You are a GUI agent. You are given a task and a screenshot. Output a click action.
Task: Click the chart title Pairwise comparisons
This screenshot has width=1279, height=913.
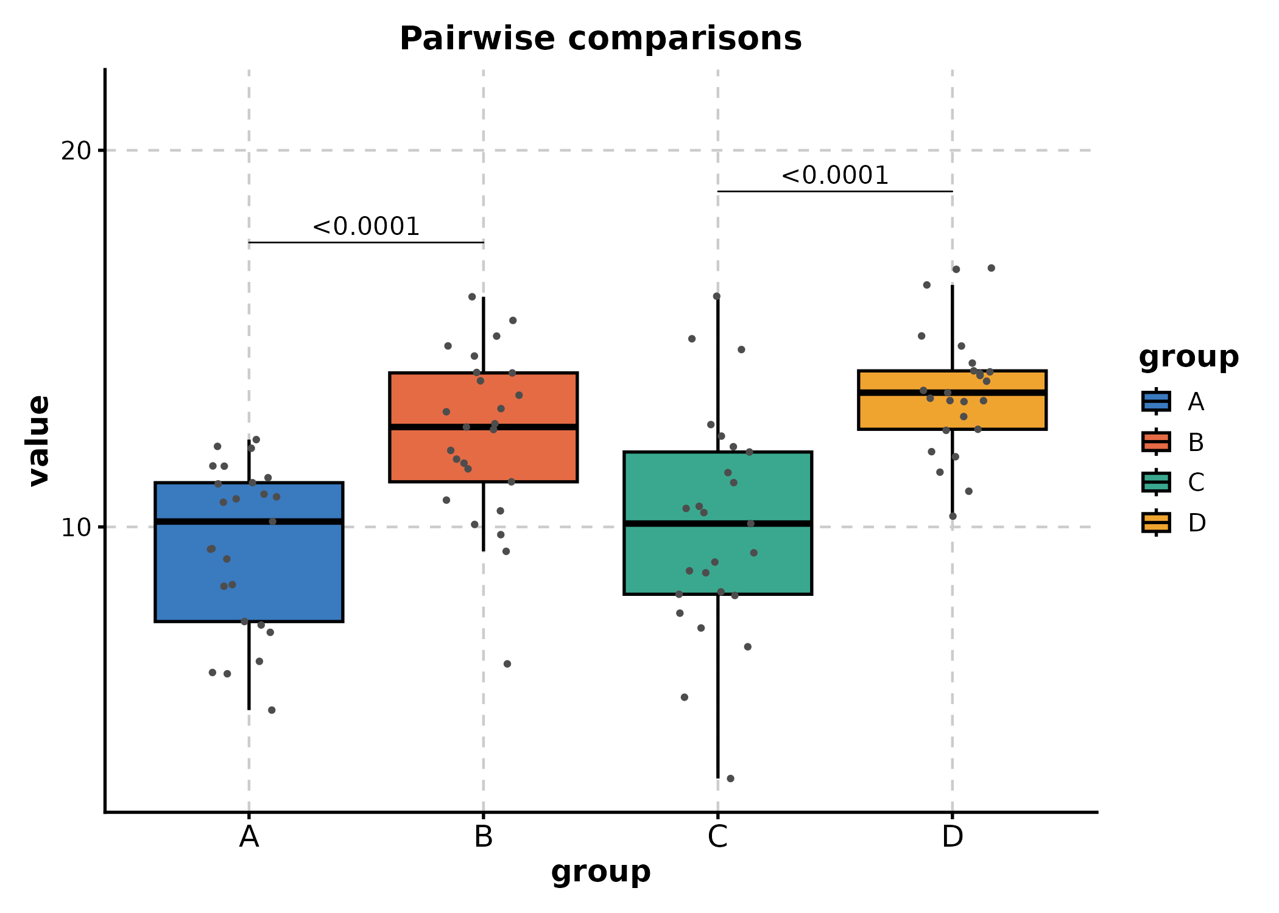click(x=601, y=39)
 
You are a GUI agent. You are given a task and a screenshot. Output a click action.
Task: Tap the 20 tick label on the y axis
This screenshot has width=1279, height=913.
click(x=76, y=151)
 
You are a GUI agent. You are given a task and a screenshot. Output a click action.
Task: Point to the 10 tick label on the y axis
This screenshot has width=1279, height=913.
click(x=76, y=528)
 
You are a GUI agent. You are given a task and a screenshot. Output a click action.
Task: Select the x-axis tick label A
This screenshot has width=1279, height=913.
click(x=249, y=838)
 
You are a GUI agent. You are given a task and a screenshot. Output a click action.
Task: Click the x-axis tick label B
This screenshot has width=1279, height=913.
click(x=484, y=838)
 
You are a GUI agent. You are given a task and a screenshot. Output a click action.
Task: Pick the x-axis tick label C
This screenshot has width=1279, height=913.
click(x=717, y=838)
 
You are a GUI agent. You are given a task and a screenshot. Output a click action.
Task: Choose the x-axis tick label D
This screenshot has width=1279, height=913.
click(x=952, y=838)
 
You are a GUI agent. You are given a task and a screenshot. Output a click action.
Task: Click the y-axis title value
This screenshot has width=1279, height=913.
click(x=40, y=441)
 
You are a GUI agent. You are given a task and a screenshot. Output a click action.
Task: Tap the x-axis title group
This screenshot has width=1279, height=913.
click(x=601, y=872)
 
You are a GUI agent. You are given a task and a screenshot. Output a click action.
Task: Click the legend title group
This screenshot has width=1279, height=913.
click(x=1188, y=357)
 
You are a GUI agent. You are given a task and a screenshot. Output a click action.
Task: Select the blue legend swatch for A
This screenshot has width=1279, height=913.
click(x=1156, y=402)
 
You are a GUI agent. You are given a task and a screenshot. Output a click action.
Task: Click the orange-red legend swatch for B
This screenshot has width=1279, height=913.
click(x=1156, y=442)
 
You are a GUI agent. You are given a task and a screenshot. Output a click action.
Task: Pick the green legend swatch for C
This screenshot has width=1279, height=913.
click(x=1156, y=482)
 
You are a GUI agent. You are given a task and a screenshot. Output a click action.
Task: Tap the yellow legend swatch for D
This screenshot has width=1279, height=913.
click(x=1156, y=522)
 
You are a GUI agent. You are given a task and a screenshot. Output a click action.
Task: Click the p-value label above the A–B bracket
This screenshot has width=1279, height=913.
click(x=366, y=226)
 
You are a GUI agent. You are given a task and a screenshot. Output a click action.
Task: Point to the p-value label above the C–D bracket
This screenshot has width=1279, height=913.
click(x=835, y=175)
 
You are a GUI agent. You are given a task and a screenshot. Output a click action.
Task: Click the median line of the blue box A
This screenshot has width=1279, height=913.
click(x=249, y=522)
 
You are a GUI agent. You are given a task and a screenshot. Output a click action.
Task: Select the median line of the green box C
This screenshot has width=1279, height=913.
click(x=717, y=523)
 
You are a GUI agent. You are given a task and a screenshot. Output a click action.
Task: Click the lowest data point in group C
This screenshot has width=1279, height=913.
click(x=731, y=778)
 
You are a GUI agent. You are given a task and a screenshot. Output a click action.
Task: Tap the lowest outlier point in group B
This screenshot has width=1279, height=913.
click(x=507, y=663)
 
